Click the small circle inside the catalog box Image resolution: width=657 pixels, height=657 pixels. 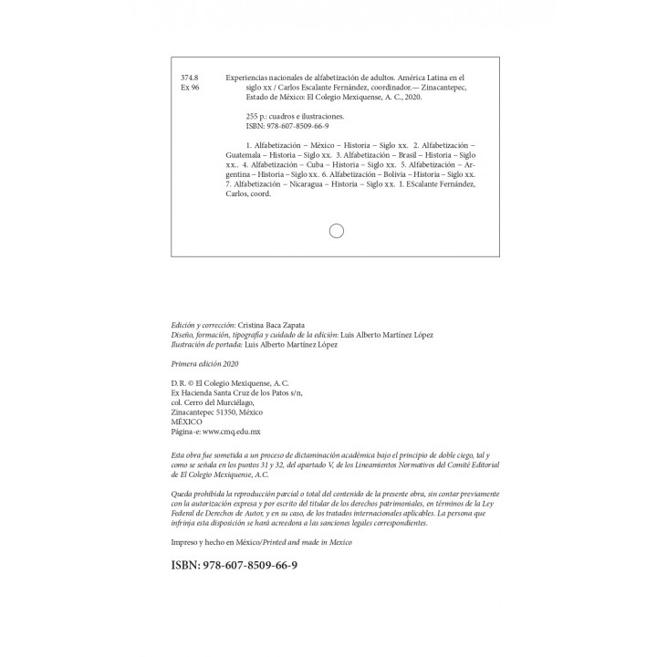pos(336,231)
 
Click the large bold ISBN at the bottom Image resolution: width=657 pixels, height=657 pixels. pos(234,566)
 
